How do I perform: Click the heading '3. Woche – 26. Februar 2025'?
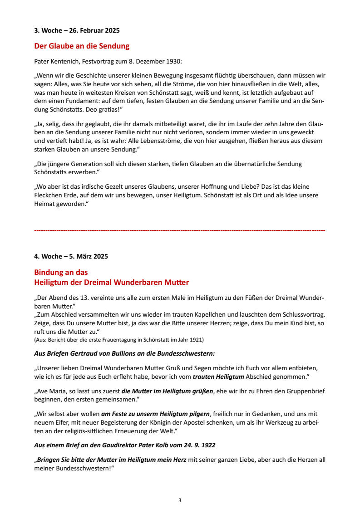77,31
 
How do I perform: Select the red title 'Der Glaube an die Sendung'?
82,46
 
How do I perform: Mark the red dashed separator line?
180,231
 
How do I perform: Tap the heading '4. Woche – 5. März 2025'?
71,256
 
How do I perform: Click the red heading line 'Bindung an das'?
61,272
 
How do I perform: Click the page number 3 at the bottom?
180,500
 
